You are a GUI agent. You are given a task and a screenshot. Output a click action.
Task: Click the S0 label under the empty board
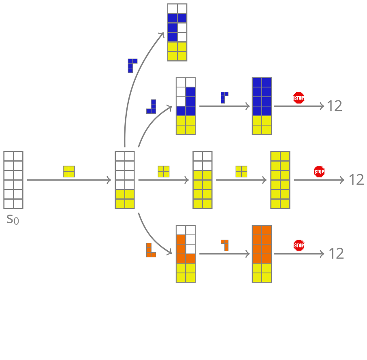[x=13, y=219]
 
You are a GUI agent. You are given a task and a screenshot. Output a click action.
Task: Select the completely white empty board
[x=13, y=180]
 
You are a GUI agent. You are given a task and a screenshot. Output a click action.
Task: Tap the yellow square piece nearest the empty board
[x=69, y=172]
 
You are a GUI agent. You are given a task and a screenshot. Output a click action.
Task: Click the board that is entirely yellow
[x=280, y=180]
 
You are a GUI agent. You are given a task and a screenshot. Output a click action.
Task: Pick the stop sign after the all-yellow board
[x=319, y=172]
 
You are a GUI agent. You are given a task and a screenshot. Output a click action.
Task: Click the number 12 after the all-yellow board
[x=356, y=180]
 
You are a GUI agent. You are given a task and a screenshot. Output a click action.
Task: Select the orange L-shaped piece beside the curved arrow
[x=150, y=250]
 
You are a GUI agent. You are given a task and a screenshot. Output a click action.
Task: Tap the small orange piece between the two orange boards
[x=225, y=245]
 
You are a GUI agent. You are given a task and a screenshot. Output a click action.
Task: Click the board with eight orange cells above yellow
[x=262, y=253]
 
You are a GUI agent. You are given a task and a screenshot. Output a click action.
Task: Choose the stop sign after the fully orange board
[x=299, y=245]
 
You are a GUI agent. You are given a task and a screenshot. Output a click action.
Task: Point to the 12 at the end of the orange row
[x=336, y=254]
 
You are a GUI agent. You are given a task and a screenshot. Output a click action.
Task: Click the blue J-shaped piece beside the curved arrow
[x=151, y=107]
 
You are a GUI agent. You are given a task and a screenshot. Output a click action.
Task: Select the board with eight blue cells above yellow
[x=262, y=106]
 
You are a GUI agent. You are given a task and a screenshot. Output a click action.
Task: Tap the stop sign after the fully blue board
[x=299, y=98]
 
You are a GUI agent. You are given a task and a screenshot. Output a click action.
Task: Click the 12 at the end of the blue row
[x=335, y=106]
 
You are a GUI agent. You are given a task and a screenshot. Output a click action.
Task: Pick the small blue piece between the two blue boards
[x=224, y=98]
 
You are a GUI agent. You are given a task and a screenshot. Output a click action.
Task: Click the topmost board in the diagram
[x=177, y=32]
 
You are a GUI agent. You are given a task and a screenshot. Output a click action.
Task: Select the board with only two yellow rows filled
[x=125, y=180]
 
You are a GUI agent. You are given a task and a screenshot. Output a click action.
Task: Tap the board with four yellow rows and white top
[x=203, y=180]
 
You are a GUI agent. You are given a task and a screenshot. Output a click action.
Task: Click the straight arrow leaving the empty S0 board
[x=69, y=180]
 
